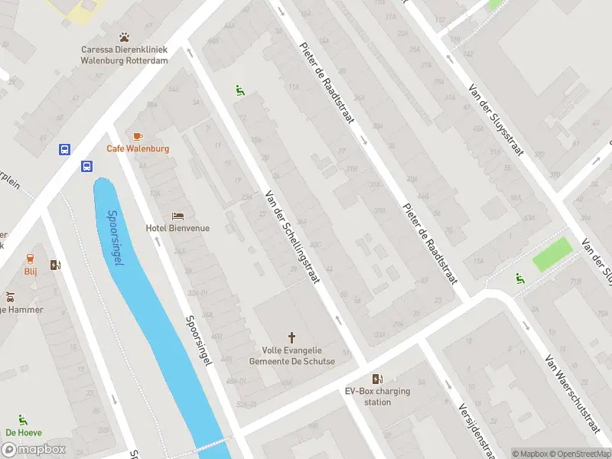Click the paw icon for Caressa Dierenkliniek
[x=125, y=37]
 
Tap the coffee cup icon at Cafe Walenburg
[x=138, y=135]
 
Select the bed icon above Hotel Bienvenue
[x=177, y=216]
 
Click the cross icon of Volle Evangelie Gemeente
[x=291, y=337]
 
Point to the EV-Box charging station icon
[x=377, y=379]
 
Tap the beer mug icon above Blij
[x=31, y=259]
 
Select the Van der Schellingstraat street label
[x=291, y=238]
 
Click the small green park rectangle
[x=552, y=254]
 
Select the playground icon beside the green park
[x=520, y=278]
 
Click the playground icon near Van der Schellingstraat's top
[x=240, y=91]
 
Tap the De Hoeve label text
[x=23, y=432]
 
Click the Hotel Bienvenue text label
[x=177, y=228]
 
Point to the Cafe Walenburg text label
[x=138, y=148]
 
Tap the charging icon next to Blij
[x=55, y=265]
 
